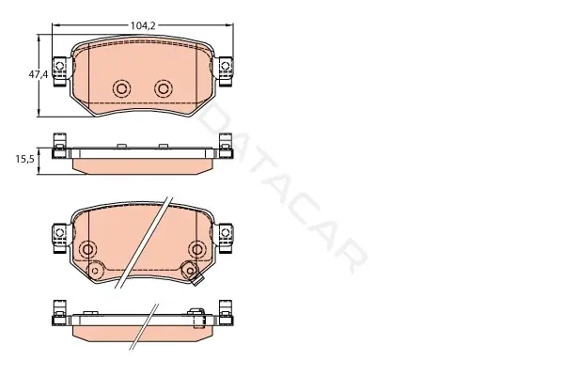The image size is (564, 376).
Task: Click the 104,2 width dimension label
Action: point(143,25)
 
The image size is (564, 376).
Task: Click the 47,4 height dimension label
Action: point(39,74)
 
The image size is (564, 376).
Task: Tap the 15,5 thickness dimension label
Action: point(24,159)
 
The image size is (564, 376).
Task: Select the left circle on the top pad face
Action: point(121,88)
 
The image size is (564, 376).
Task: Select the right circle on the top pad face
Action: point(164,88)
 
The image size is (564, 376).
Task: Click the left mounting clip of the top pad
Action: point(60,71)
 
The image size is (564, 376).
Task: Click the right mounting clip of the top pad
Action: point(226,71)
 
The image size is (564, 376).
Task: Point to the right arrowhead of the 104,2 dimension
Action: point(230,25)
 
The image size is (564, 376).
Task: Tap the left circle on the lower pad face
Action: point(87,249)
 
